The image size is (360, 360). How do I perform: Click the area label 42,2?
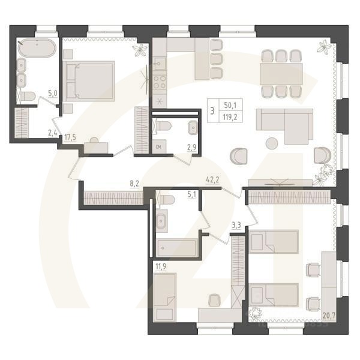pos(211,179)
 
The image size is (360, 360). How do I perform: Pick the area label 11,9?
pos(160,267)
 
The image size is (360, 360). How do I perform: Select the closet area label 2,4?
pos(53,134)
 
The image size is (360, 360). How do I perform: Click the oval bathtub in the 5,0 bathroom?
pos(37,48)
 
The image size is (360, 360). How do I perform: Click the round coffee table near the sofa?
pos(272,143)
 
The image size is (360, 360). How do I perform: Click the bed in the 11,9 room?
pos(164,297)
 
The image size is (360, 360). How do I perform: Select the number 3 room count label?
pos(212,110)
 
